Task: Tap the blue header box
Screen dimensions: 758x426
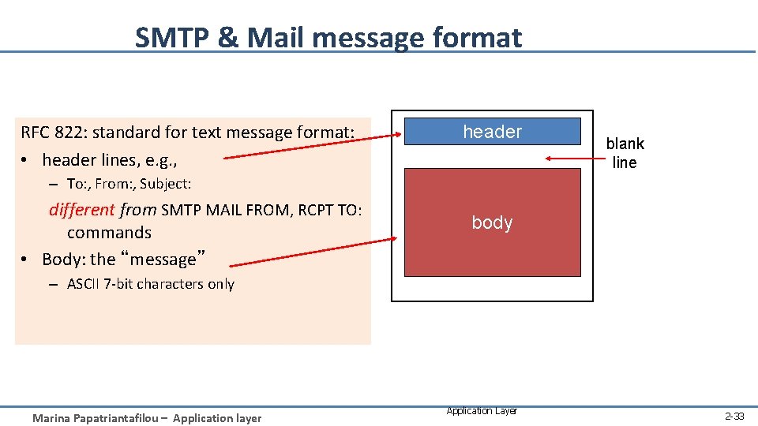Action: pos(492,132)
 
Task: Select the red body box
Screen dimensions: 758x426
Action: pos(492,222)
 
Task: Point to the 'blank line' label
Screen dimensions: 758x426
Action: pos(625,153)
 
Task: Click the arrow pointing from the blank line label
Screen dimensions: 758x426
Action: pos(572,159)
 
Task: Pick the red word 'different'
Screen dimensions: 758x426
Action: pos(81,211)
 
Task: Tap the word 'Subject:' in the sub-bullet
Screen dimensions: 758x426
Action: pos(166,184)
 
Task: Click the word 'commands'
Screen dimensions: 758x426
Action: pos(109,233)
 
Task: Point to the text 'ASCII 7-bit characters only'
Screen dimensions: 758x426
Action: pos(150,284)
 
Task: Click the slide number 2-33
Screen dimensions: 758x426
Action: pos(734,416)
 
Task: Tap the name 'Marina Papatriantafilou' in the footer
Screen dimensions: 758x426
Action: pos(93,418)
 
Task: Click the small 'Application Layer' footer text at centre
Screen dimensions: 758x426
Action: pos(482,411)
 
